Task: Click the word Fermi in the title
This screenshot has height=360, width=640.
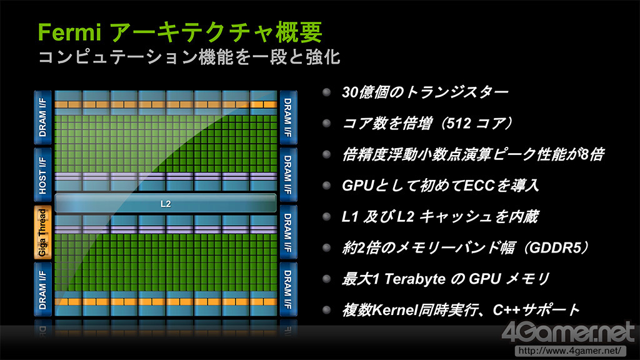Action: [x=69, y=32]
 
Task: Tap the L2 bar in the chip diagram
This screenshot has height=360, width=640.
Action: [x=165, y=203]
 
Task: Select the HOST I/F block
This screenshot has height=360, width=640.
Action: [x=42, y=175]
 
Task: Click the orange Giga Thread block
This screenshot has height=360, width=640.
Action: [x=42, y=232]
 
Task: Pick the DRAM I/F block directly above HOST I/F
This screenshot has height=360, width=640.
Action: [x=42, y=117]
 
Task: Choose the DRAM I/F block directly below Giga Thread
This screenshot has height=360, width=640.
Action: [x=42, y=289]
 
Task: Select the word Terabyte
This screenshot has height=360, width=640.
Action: [x=415, y=279]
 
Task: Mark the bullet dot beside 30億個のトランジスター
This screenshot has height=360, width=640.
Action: [x=326, y=92]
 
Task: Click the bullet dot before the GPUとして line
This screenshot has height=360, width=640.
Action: [x=326, y=186]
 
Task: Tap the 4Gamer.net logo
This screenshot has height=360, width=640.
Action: [x=569, y=332]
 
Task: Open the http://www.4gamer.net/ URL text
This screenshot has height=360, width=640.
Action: [x=570, y=351]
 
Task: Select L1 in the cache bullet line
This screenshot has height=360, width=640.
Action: [x=350, y=217]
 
